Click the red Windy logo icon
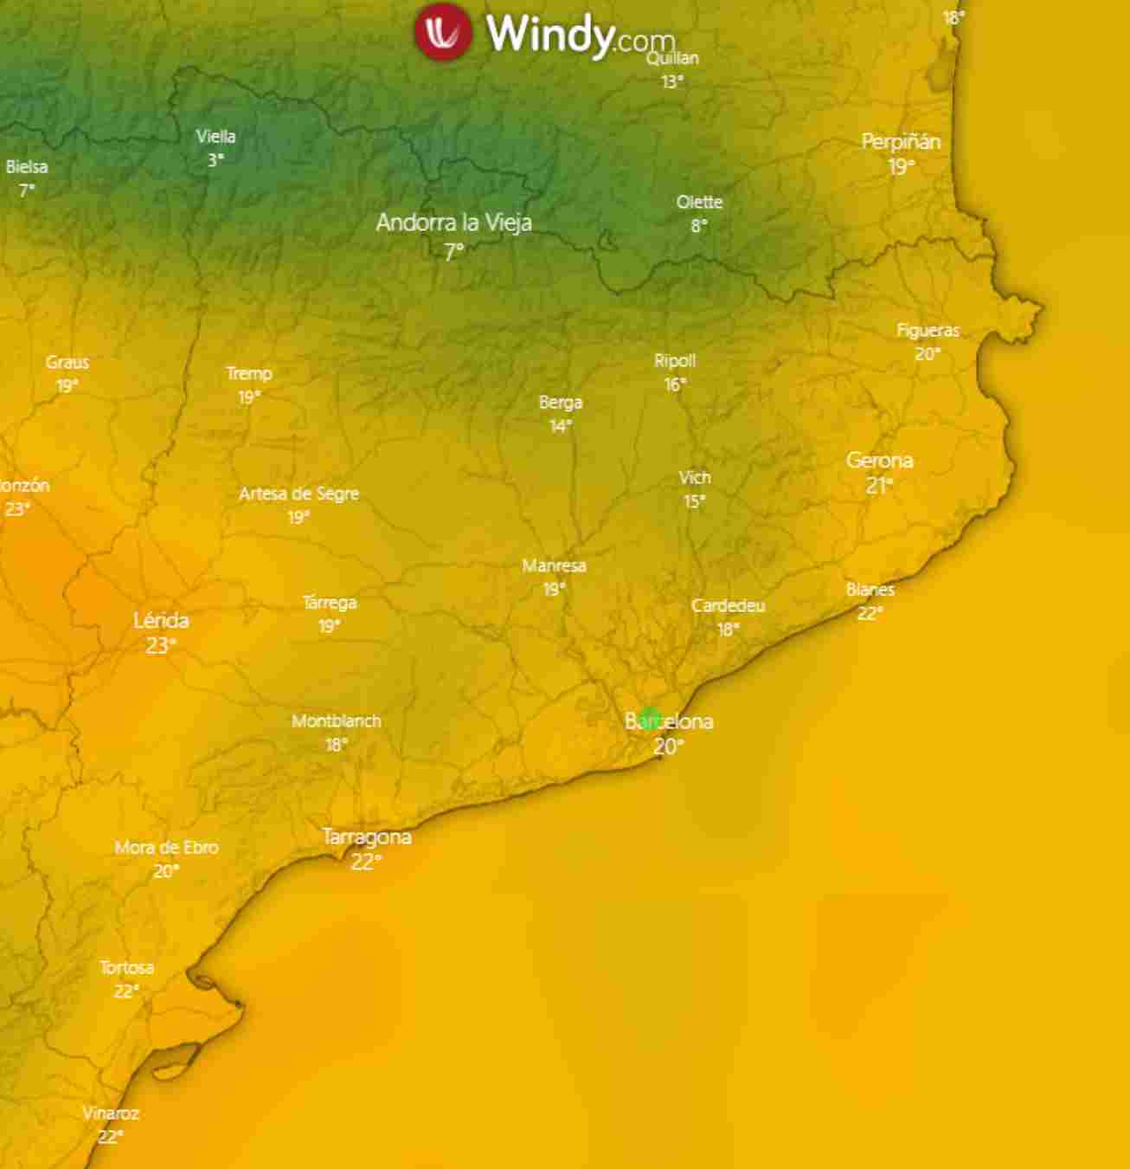[442, 32]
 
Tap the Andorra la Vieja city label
[453, 223]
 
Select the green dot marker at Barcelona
[650, 718]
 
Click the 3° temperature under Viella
[215, 160]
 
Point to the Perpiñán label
[901, 142]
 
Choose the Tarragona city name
[367, 837]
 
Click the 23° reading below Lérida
[161, 645]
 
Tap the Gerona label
[879, 461]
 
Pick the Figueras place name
[928, 331]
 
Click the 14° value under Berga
[561, 426]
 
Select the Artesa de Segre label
[299, 494]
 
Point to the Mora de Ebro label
[166, 848]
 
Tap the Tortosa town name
[126, 967]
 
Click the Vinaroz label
[111, 1114]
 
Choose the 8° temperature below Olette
[699, 226]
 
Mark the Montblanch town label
[336, 721]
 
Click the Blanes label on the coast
[870, 590]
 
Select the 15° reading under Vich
[694, 501]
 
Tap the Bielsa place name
[27, 167]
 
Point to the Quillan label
[672, 58]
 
